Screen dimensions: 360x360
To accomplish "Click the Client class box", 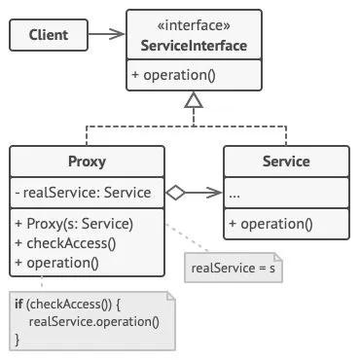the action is click(49, 35).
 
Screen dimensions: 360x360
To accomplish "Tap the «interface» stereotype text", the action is click(194, 25).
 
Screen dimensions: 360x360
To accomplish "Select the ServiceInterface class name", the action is click(194, 46).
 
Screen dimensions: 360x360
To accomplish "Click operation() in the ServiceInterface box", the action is click(173, 75).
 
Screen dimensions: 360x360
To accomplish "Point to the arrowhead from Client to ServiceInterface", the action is click(117, 34).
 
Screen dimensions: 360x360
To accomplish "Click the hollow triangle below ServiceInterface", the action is click(194, 99).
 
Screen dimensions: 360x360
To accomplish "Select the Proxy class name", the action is click(87, 162).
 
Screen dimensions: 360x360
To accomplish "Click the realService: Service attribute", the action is click(84, 193).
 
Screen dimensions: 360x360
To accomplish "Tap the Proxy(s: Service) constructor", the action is click(74, 224).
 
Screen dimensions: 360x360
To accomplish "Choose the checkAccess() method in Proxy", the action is click(65, 243).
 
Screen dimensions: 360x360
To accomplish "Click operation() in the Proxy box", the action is click(56, 263).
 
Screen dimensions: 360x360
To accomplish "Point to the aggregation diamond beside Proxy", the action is click(175, 193).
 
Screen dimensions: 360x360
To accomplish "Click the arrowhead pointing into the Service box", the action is click(214, 193).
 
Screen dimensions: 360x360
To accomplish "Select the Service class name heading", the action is click(286, 162).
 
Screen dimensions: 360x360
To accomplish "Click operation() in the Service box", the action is click(270, 224).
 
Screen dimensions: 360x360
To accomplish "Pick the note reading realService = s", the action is click(234, 268).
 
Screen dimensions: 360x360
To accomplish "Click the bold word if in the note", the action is click(18, 304).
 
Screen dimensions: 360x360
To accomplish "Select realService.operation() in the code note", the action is click(94, 322).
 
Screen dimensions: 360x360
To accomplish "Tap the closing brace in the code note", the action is click(18, 340).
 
